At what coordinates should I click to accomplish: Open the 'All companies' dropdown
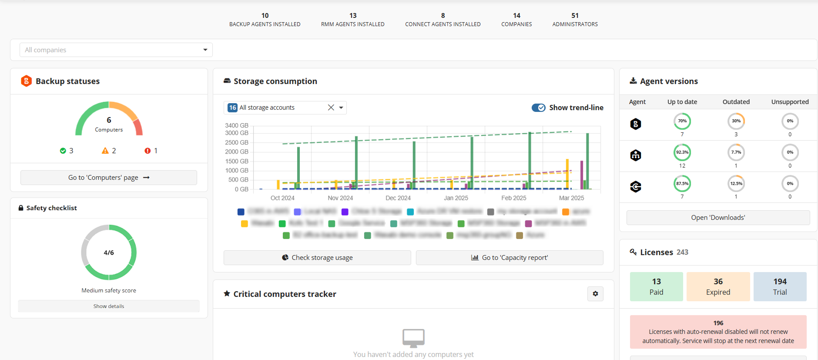(x=116, y=50)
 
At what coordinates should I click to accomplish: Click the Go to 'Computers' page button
(x=109, y=178)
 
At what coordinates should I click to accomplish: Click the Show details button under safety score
(x=109, y=306)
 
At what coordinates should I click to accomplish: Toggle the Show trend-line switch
(x=539, y=108)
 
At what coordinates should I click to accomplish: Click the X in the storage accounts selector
(x=331, y=108)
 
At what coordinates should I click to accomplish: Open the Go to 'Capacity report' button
(x=510, y=258)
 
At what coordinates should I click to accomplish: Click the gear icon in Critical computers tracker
(x=595, y=294)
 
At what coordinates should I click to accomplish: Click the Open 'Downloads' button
(x=718, y=218)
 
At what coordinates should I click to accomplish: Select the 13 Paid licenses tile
(x=656, y=286)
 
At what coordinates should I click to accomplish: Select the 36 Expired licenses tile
(x=718, y=286)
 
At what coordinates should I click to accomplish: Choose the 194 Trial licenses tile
(x=780, y=286)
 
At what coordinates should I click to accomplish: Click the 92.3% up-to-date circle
(x=682, y=152)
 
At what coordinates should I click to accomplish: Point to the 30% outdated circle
(x=736, y=121)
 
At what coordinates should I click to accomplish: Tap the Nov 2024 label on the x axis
(x=340, y=198)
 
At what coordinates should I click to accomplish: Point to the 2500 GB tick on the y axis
(x=237, y=142)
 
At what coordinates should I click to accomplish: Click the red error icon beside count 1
(x=148, y=151)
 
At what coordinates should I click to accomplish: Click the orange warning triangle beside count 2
(x=105, y=151)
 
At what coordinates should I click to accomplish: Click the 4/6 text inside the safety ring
(x=109, y=252)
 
